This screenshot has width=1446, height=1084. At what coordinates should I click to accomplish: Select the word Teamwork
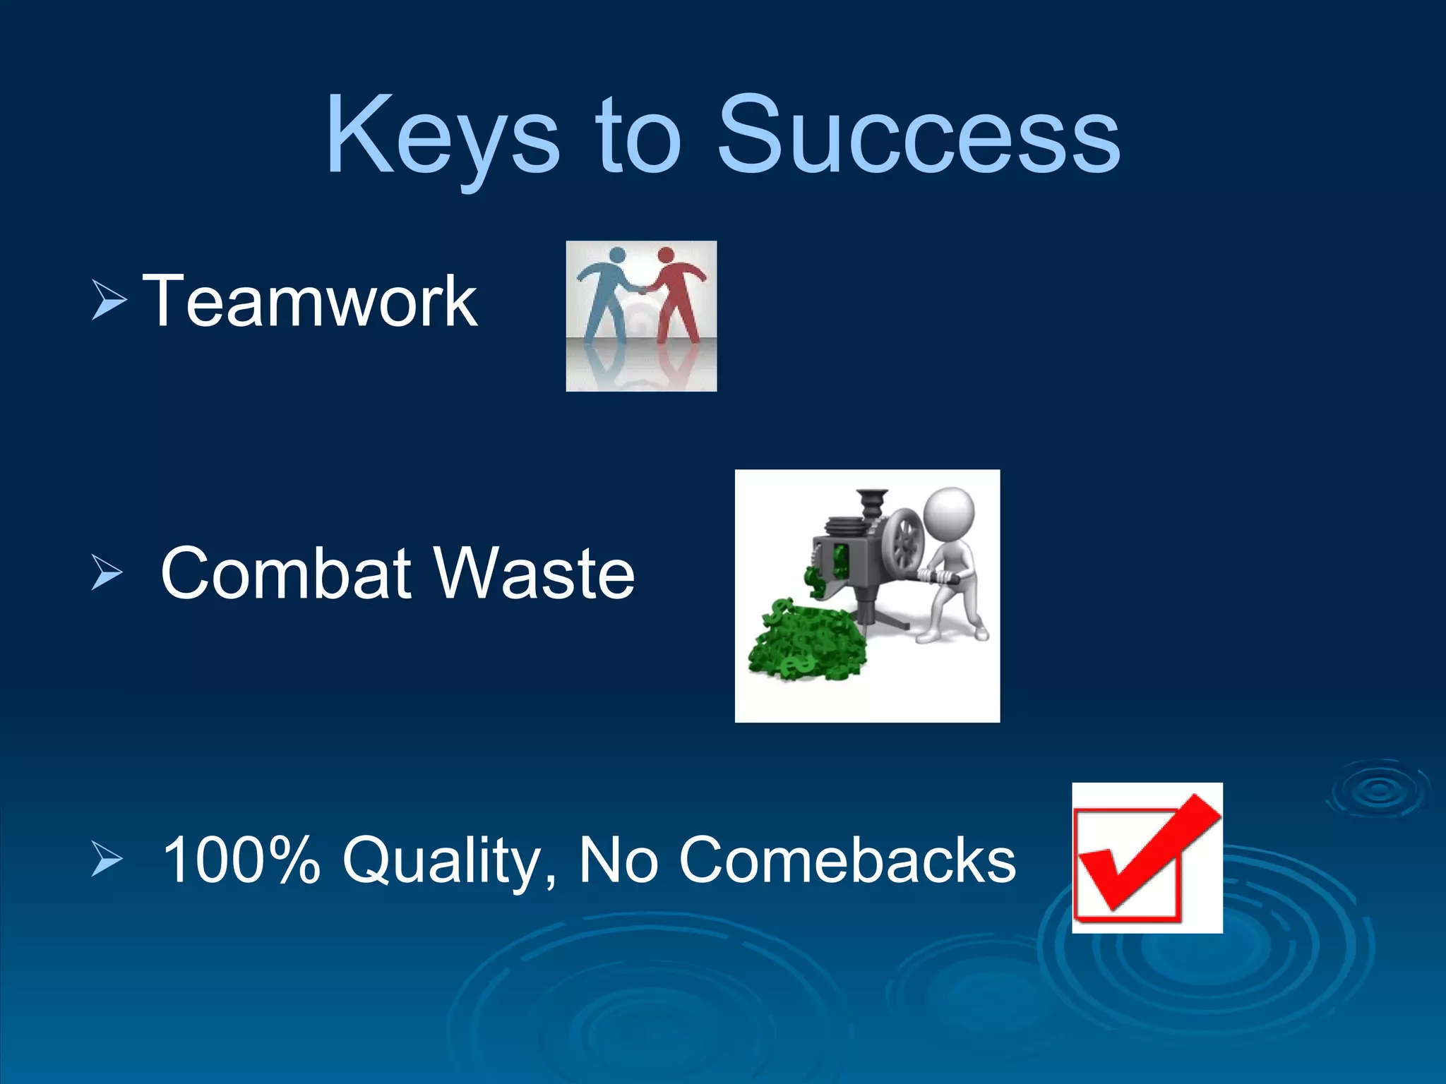[310, 302]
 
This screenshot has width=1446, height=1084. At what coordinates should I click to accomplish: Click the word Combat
[286, 573]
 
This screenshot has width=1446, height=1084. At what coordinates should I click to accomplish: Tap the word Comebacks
[847, 860]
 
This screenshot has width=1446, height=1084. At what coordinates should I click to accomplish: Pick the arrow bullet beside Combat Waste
[107, 573]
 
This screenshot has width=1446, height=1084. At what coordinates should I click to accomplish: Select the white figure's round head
[950, 512]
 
